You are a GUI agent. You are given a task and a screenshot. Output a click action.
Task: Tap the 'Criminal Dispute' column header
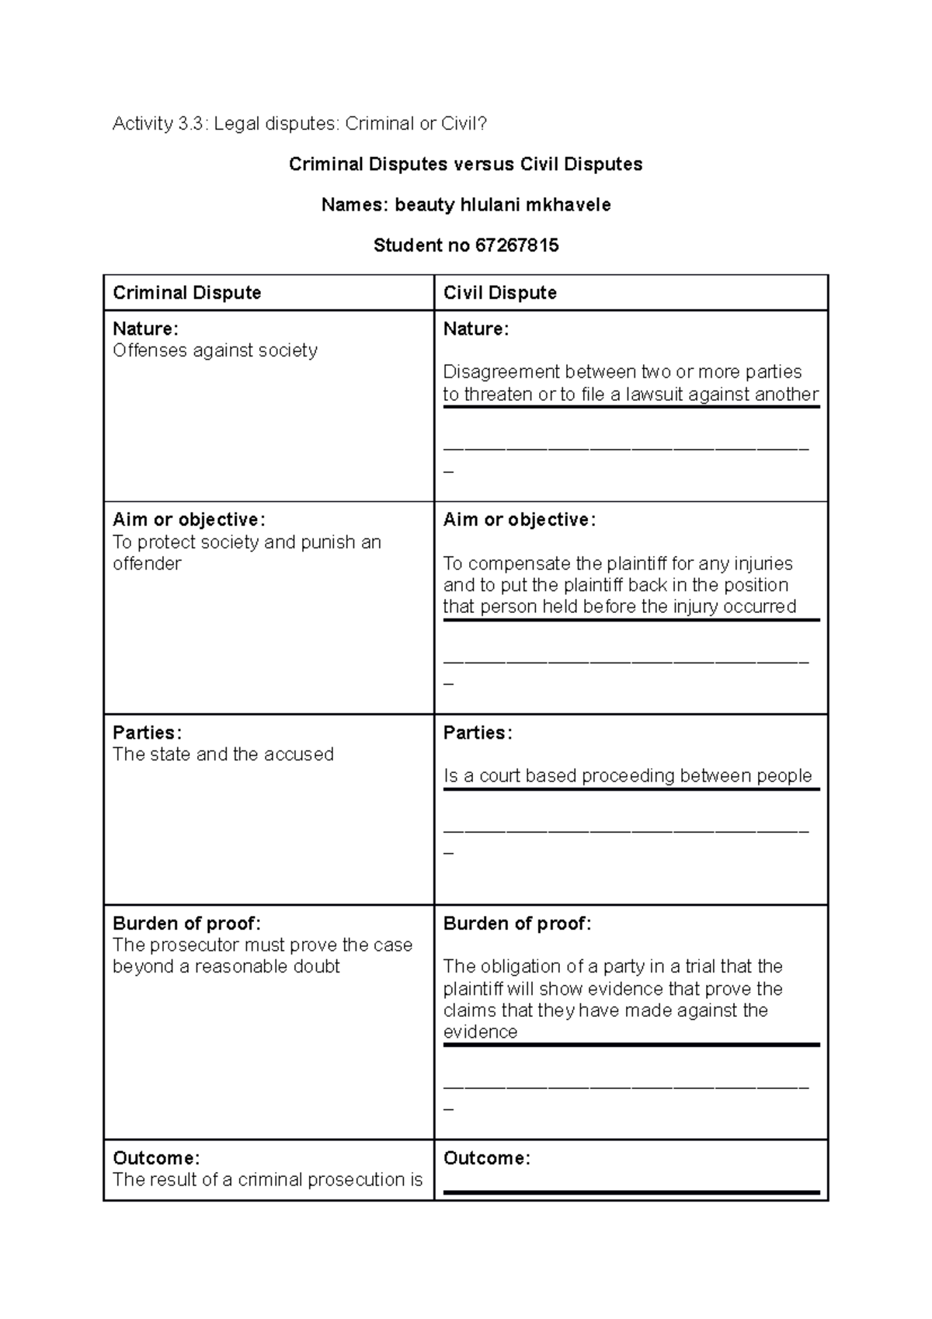(x=186, y=293)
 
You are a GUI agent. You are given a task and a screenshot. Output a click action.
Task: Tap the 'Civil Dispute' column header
(x=499, y=293)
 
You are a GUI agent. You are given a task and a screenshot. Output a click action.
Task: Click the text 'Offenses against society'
(x=215, y=350)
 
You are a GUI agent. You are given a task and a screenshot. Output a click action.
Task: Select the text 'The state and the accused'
(x=223, y=754)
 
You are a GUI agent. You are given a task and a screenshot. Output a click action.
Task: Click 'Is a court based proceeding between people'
(x=627, y=775)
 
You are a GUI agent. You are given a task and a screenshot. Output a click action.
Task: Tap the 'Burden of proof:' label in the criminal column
(x=186, y=924)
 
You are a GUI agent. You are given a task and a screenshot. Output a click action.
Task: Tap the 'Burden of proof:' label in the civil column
(x=517, y=924)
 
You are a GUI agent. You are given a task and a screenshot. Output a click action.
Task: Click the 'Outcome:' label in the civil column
(x=487, y=1158)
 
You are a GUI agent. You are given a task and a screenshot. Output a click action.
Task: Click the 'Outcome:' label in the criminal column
(x=156, y=1158)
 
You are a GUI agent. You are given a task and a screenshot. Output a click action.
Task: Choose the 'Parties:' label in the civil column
(x=478, y=733)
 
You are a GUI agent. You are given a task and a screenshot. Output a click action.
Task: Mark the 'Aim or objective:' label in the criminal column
(x=189, y=520)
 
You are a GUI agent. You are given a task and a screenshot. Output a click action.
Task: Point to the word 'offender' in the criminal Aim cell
(x=147, y=563)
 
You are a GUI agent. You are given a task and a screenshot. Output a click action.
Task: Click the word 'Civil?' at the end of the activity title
(x=464, y=124)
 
